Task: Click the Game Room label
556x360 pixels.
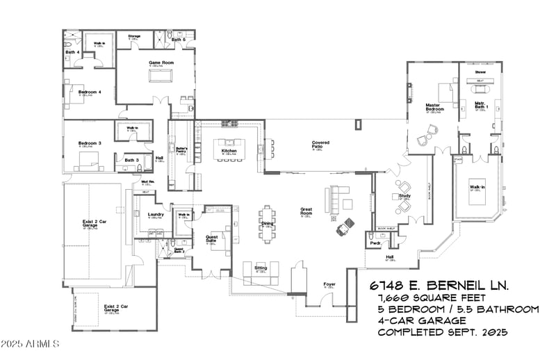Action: (x=161, y=63)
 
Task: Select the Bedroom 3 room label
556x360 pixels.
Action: (x=90, y=144)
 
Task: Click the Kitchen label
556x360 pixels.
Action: (x=229, y=151)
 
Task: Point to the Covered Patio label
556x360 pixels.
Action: (x=320, y=145)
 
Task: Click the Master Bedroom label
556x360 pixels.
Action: (x=435, y=108)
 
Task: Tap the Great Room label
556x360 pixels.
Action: (x=306, y=211)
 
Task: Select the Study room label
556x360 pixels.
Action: (x=404, y=197)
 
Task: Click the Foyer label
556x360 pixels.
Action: (x=330, y=285)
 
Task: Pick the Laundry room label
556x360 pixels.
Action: (x=156, y=215)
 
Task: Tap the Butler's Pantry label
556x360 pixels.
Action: (x=182, y=150)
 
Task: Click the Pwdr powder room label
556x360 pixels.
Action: (x=375, y=244)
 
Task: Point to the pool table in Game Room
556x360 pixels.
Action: (x=160, y=73)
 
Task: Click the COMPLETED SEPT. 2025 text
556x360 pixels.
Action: (x=443, y=332)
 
